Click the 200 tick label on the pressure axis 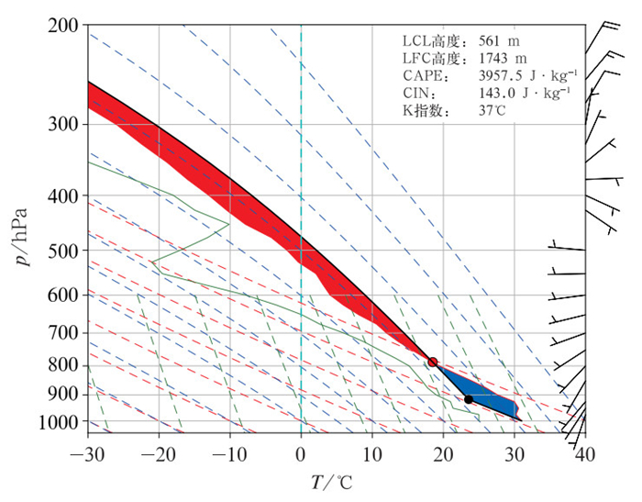pos(61,26)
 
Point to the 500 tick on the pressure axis pos(61,250)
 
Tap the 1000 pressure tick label pos(55,423)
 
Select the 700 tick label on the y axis pos(61,331)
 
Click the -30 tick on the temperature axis pos(88,453)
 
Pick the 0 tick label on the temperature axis pos(301,453)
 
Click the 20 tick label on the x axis pos(443,453)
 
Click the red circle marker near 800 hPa pos(433,363)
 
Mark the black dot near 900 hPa pos(469,399)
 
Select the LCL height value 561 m pos(493,41)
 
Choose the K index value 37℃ pos(487,110)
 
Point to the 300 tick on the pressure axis pos(61,123)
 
